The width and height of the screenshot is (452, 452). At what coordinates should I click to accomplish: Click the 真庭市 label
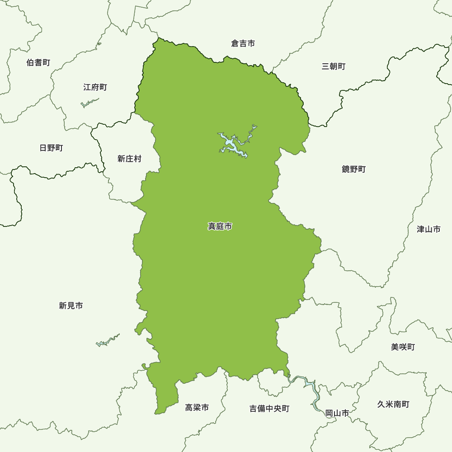click(220, 226)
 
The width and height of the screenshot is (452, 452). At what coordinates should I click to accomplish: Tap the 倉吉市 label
click(243, 43)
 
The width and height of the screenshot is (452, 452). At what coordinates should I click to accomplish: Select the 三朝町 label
click(334, 66)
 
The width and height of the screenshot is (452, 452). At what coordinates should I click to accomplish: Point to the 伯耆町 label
click(38, 62)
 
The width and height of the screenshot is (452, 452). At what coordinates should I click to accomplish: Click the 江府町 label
click(95, 87)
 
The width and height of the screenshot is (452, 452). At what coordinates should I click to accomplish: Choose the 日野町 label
click(51, 148)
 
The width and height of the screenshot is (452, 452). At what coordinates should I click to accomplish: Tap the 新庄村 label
click(129, 159)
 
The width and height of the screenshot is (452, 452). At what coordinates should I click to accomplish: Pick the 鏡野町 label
click(353, 169)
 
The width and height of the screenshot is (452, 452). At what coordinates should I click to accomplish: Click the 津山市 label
click(428, 229)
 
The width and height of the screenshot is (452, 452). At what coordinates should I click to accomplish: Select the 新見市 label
click(71, 306)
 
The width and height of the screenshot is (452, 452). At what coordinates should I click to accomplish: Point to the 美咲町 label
click(403, 347)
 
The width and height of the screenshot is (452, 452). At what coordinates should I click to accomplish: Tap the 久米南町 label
click(393, 404)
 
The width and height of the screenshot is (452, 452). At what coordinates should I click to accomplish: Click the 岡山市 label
click(337, 413)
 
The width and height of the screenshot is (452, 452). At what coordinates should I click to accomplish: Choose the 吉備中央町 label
click(269, 409)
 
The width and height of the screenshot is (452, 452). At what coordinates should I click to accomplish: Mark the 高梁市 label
click(197, 408)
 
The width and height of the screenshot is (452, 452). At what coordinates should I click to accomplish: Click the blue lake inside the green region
click(229, 143)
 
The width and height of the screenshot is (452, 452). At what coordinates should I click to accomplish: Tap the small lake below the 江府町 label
click(89, 104)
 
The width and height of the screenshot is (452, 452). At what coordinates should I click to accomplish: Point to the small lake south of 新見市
click(108, 340)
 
